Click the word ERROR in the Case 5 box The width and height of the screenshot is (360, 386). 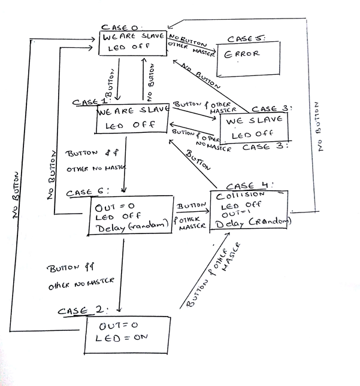point(242,53)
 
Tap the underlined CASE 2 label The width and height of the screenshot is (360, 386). point(82,311)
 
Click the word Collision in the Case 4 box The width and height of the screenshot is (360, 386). point(240,195)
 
